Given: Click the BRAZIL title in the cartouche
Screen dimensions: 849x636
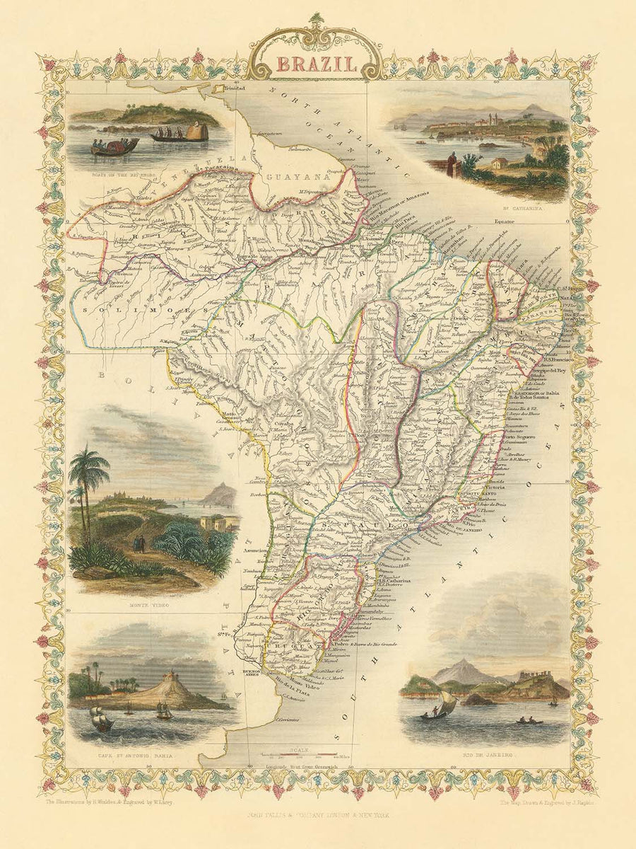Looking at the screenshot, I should [x=316, y=64].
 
